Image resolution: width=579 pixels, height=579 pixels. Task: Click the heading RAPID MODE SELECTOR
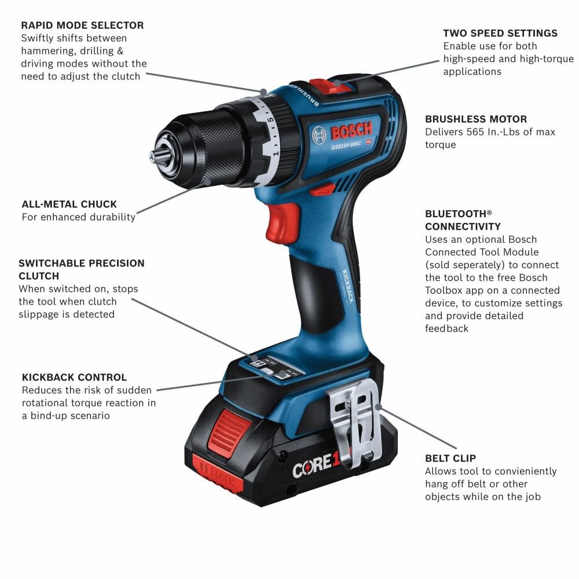[82, 25]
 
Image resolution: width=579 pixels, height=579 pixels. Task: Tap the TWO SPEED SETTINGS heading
[500, 33]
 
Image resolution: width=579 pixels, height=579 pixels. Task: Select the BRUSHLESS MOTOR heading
[476, 119]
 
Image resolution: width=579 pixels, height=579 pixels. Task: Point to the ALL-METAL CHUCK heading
[69, 204]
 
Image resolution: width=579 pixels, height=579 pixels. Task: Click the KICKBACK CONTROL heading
[74, 378]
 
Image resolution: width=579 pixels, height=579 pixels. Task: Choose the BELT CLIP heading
[450, 459]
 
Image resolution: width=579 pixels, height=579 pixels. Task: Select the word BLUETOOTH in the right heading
[455, 213]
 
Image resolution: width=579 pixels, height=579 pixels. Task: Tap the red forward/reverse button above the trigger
[322, 190]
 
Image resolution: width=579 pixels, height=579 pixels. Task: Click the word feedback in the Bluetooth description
[446, 328]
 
